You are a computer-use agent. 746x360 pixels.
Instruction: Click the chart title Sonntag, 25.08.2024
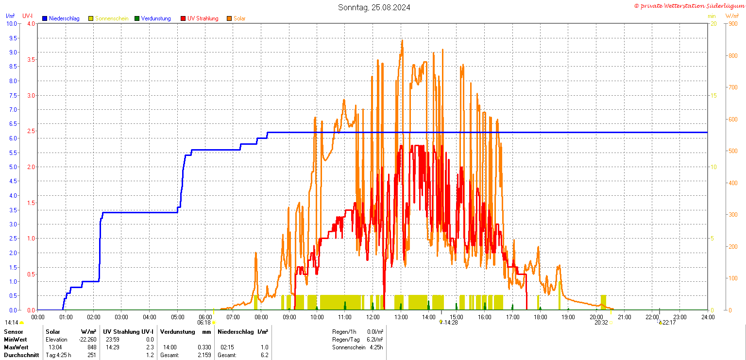tap(374, 7)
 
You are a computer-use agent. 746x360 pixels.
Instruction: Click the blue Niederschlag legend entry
tap(64, 18)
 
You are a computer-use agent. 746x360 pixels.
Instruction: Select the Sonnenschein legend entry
tap(111, 18)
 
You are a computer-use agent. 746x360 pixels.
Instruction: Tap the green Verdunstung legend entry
tap(155, 18)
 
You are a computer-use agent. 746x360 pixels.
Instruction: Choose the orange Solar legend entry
tap(239, 18)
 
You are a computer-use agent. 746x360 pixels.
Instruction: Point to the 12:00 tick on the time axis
tap(373, 317)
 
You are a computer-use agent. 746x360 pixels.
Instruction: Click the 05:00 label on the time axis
tap(177, 317)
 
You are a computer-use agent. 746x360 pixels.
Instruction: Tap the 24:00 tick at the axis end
tap(708, 317)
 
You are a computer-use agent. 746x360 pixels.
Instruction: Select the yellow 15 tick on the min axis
tap(713, 95)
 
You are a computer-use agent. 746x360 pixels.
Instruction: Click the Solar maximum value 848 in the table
tap(91, 347)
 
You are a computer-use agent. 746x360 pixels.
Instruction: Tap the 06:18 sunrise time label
tap(203, 322)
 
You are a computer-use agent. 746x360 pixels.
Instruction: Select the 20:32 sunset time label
tap(601, 322)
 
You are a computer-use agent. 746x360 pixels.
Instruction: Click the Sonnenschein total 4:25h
tap(376, 347)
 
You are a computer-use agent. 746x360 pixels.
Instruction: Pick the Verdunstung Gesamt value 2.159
tap(203, 355)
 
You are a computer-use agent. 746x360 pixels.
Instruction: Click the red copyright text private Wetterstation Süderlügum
tap(689, 6)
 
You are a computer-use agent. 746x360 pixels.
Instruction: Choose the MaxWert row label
tap(16, 347)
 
